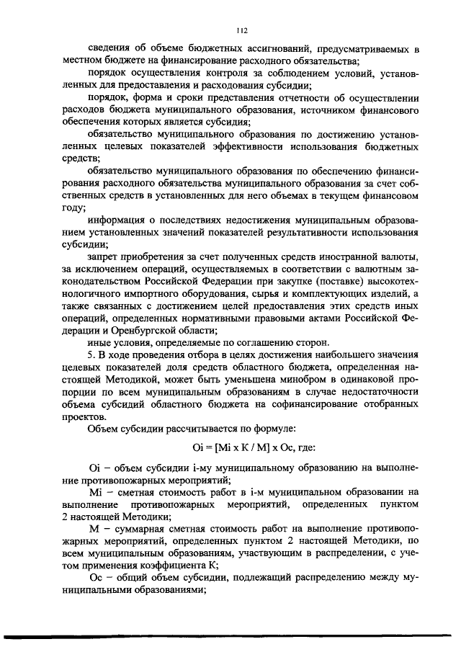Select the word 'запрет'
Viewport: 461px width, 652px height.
click(102, 256)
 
